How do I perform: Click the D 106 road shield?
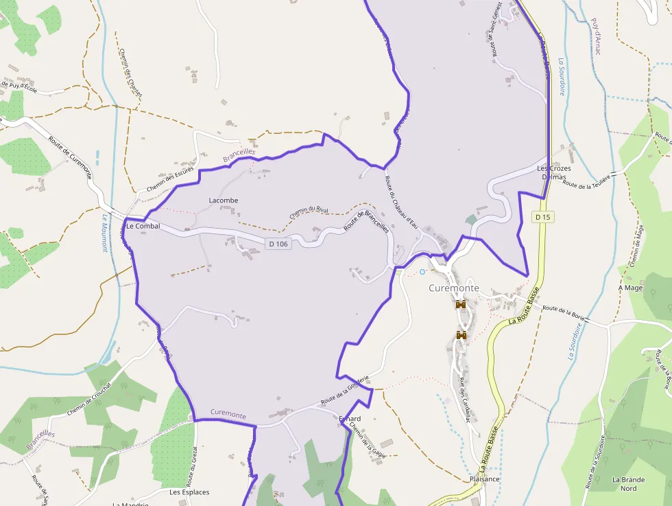(x=278, y=243)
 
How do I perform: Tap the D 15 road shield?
(x=542, y=217)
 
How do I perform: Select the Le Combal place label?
(x=143, y=226)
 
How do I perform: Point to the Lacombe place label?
(x=223, y=200)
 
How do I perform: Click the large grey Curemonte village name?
(x=454, y=288)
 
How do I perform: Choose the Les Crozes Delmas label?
(x=554, y=172)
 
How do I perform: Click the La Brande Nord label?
(x=624, y=484)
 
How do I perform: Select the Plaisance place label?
(x=485, y=479)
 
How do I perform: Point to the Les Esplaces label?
(x=189, y=492)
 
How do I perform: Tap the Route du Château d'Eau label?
(x=402, y=203)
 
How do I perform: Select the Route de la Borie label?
(x=565, y=313)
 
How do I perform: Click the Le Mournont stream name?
(x=105, y=233)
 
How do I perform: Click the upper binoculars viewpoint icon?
(x=461, y=305)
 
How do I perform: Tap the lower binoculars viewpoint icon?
(x=461, y=335)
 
